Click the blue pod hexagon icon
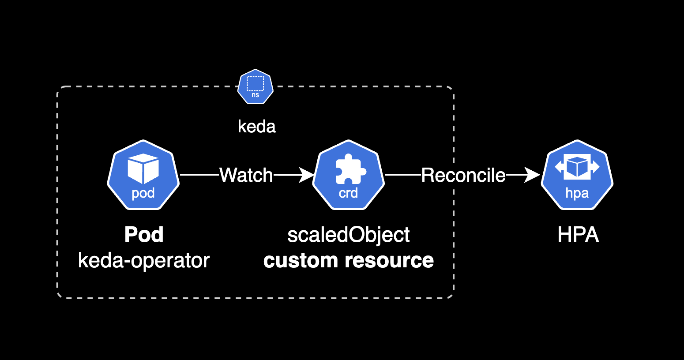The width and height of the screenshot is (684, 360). (143, 175)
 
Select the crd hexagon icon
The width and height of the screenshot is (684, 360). (349, 175)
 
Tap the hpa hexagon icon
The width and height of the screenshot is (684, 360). (577, 175)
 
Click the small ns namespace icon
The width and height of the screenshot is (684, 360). (256, 86)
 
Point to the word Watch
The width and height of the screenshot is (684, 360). (246, 175)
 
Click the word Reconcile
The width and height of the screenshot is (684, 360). (463, 175)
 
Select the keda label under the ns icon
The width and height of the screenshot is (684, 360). (256, 127)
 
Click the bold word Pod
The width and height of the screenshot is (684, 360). (144, 234)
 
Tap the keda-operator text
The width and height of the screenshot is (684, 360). (144, 260)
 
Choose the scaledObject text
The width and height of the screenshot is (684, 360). (349, 235)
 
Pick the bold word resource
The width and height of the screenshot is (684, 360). (392, 260)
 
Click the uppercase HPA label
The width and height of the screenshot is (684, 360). (578, 235)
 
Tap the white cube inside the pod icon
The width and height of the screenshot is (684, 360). (143, 169)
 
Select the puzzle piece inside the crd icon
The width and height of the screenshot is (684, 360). (350, 169)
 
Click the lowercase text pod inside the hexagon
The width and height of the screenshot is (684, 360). (143, 193)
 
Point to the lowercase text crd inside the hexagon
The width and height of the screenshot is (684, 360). (348, 193)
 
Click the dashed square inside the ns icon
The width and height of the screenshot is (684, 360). (256, 83)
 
